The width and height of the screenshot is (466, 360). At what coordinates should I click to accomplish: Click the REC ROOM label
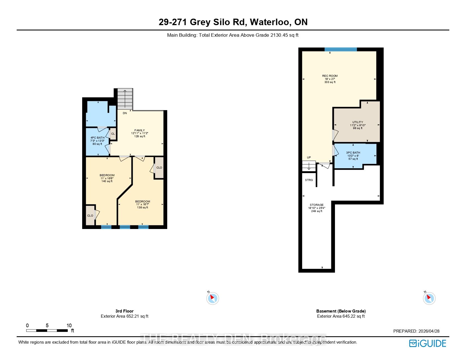(330, 76)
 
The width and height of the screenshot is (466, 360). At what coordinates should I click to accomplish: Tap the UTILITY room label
(358, 122)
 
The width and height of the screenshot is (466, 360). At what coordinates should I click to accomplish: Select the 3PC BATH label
(353, 153)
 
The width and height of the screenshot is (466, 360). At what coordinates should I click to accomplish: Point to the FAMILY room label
(140, 130)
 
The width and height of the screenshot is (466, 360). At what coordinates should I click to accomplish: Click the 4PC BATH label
(97, 138)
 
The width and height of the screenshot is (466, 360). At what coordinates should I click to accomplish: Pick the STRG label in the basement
(309, 180)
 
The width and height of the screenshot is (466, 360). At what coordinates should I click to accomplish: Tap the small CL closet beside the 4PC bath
(113, 134)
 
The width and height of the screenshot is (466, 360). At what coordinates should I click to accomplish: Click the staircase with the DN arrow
(125, 99)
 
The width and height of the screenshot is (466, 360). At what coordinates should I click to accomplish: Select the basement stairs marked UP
(309, 166)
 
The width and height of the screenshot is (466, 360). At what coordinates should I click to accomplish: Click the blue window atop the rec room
(341, 49)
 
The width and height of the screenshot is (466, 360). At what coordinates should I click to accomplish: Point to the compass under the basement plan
(429, 298)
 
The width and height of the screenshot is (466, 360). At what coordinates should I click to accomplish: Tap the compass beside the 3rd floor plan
(212, 298)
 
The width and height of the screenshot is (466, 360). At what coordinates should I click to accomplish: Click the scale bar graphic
(47, 330)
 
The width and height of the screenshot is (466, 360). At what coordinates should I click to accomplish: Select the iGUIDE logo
(428, 343)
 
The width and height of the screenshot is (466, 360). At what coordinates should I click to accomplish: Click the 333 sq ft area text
(330, 82)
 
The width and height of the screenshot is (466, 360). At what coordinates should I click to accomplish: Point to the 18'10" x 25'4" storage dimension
(317, 208)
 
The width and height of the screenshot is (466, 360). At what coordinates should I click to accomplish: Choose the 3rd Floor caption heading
(124, 311)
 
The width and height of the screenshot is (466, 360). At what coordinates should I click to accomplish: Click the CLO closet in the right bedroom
(159, 168)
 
